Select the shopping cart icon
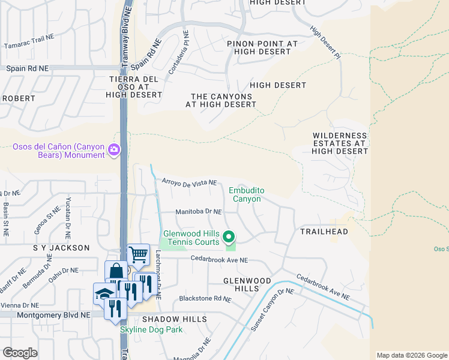[x=139, y=255]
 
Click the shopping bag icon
[x=116, y=272]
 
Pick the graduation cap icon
[x=104, y=294]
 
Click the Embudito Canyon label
[x=245, y=194]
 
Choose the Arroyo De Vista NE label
[x=188, y=182]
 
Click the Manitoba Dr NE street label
[x=198, y=212]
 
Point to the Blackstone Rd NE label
[x=205, y=298]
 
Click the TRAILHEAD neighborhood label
[x=324, y=231]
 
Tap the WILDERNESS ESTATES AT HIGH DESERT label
[x=340, y=143]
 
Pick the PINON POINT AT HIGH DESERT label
[x=262, y=48]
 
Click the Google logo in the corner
[x=20, y=352]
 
